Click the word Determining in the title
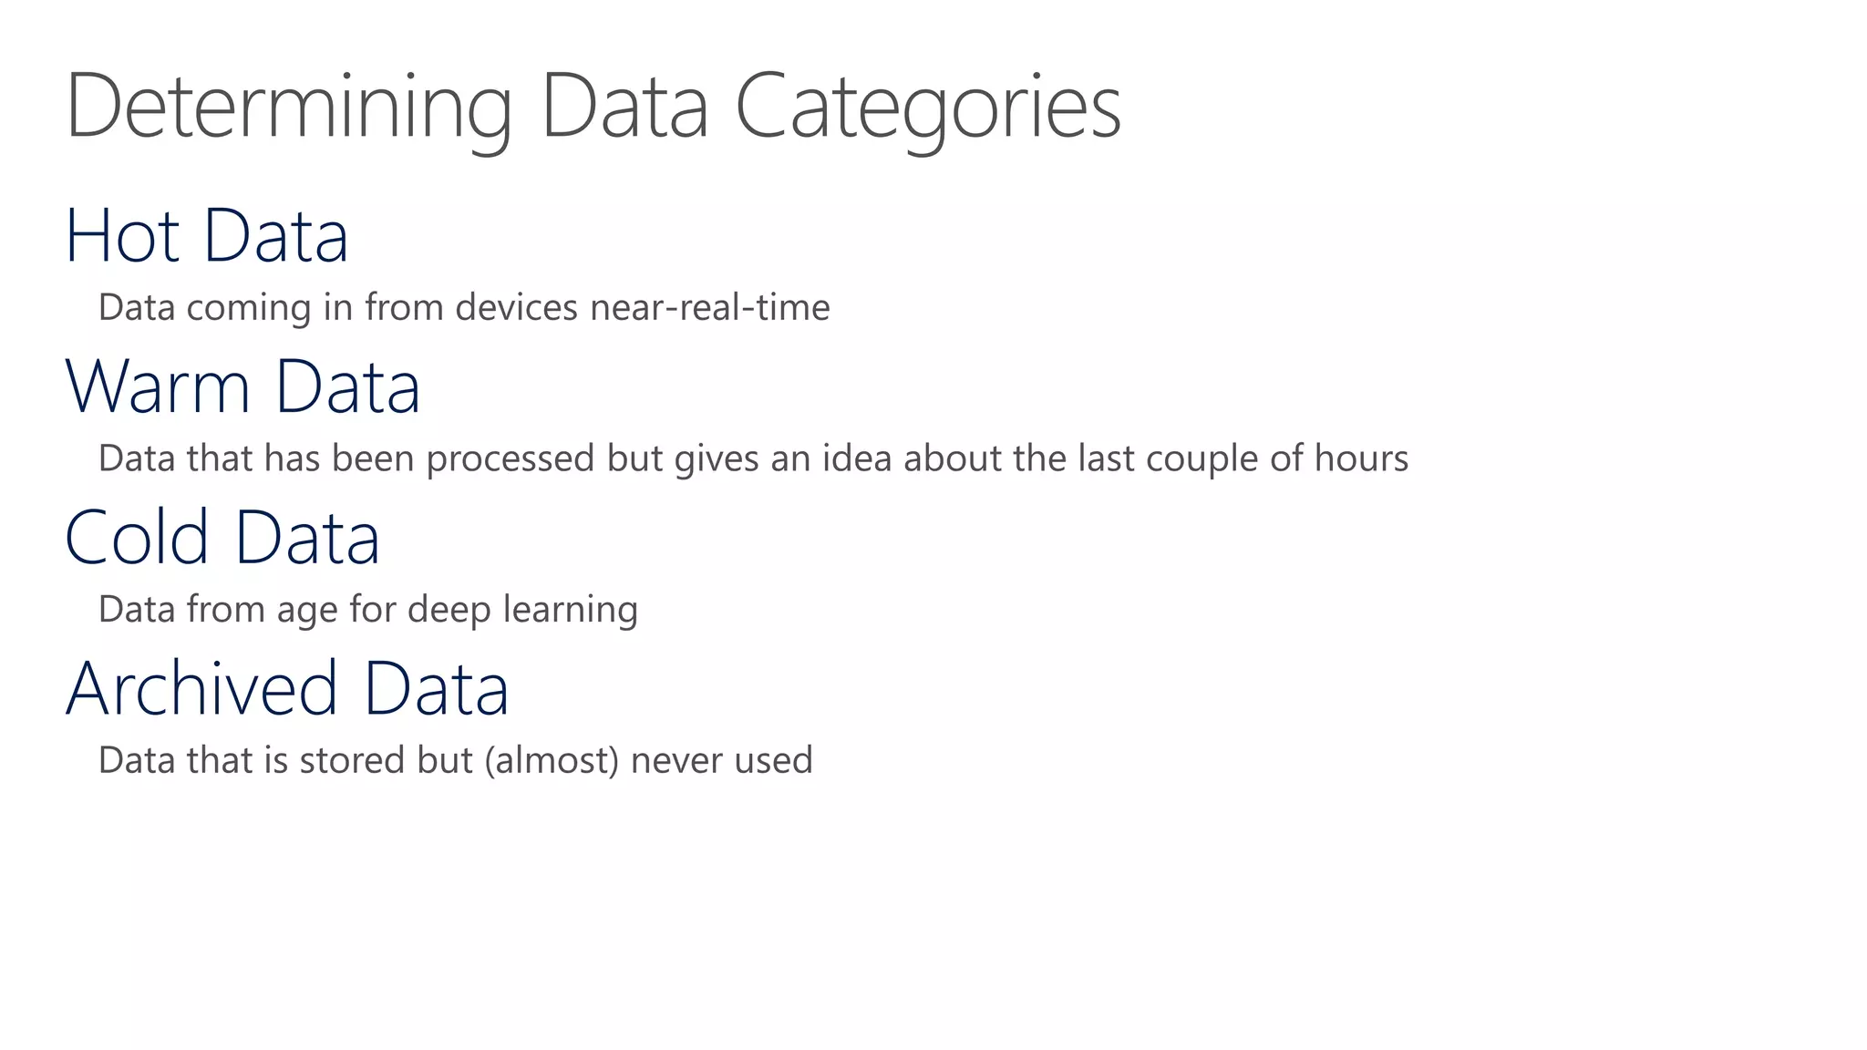(288, 108)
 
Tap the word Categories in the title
(927, 108)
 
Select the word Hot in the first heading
(122, 236)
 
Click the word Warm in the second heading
(158, 387)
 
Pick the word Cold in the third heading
(137, 538)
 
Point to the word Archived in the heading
(201, 689)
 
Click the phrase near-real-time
(710, 308)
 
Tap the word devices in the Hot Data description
(516, 308)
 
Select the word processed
(511, 458)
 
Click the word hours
(1361, 458)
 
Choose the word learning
(570, 610)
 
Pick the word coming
(248, 308)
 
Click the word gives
(717, 458)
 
